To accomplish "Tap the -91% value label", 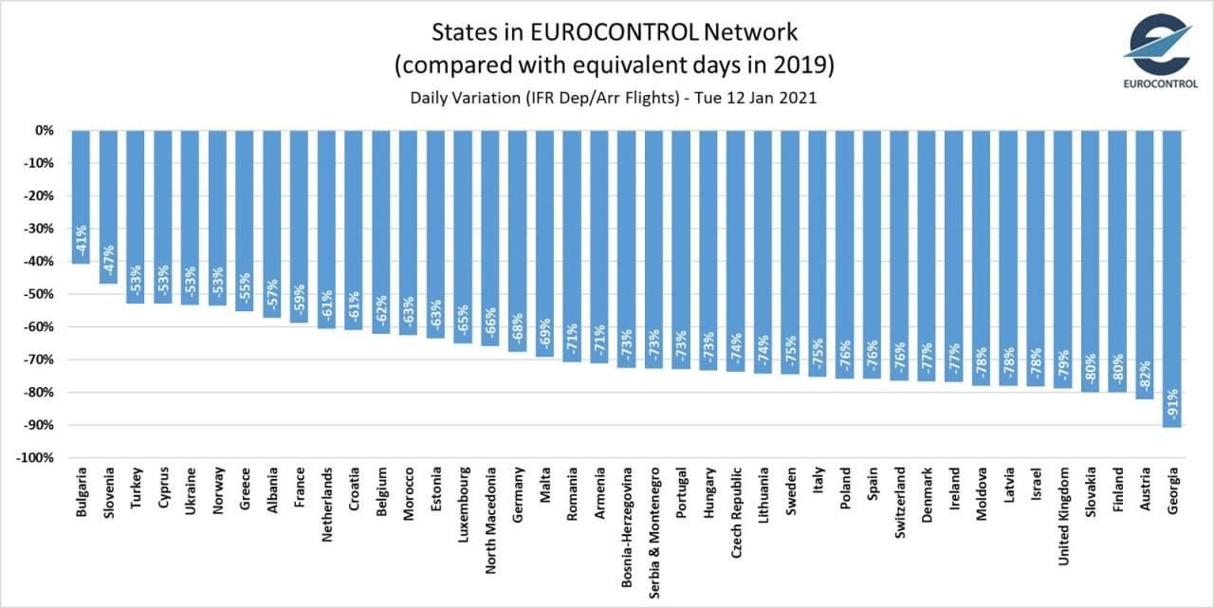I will point(1172,404).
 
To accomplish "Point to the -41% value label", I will point(82,242).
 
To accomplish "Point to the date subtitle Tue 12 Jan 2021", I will point(745,98).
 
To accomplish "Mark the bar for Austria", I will point(1145,266).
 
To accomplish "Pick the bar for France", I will point(300,228).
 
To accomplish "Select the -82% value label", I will point(1145,377).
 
